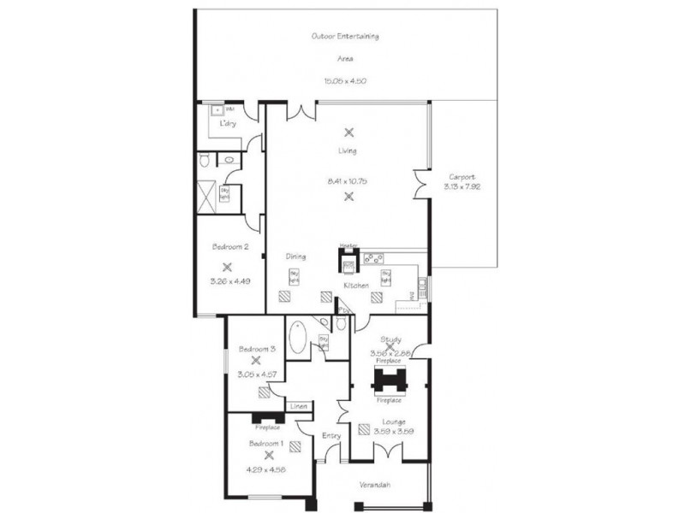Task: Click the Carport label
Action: [462, 177]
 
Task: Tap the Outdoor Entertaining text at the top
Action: [346, 37]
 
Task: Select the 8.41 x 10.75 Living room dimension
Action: [348, 181]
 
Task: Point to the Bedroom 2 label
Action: [229, 247]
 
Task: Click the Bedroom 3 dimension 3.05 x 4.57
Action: [256, 374]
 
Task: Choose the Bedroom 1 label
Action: [266, 444]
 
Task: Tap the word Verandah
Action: [375, 485]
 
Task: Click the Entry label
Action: [331, 436]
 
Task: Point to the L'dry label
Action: [228, 124]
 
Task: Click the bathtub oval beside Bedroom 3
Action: [297, 338]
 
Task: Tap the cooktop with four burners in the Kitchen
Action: [374, 258]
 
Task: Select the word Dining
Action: [296, 256]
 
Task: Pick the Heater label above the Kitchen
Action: [348, 245]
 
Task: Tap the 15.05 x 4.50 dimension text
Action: [345, 80]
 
